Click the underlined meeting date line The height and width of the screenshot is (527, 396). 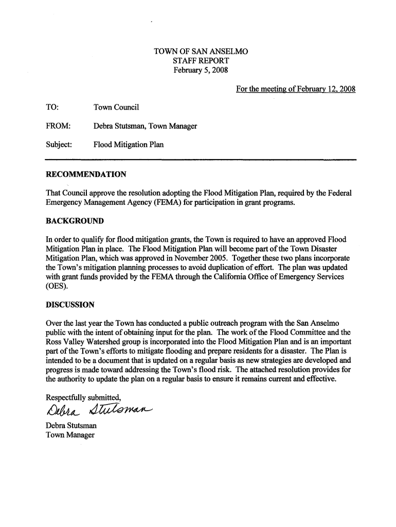pos(296,90)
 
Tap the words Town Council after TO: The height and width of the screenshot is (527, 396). pos(116,107)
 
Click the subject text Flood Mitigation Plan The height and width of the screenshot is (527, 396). pos(129,145)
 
